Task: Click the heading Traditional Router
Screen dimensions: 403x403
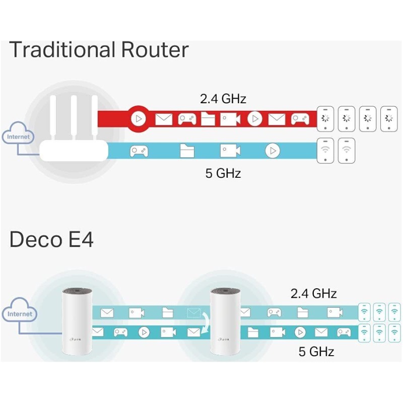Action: point(99,50)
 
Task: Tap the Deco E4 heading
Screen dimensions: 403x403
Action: point(51,240)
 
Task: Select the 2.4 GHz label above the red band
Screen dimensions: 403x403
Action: point(223,99)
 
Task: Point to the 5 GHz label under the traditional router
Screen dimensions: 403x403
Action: point(223,174)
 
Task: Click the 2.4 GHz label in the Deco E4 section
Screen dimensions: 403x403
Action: point(313,293)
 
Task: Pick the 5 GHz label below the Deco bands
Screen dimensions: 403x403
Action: point(316,351)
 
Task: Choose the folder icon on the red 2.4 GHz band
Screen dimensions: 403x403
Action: point(208,119)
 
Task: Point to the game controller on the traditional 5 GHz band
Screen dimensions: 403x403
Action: point(139,151)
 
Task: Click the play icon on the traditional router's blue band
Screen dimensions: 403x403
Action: point(273,151)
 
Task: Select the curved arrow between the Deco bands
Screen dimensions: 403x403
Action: point(206,322)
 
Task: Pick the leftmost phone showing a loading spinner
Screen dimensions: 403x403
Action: point(325,119)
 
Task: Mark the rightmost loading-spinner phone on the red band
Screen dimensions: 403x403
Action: point(388,119)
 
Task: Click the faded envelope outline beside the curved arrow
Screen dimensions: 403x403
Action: point(193,312)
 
